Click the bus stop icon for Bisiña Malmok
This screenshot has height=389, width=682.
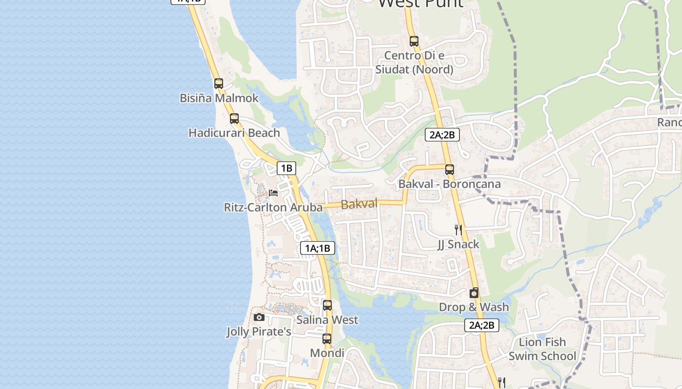[x=219, y=83]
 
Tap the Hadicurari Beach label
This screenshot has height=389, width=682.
[x=234, y=133]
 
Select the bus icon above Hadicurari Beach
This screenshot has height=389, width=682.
[x=234, y=118]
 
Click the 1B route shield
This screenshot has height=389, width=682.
[x=286, y=168]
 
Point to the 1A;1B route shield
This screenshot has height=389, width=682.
[x=318, y=248]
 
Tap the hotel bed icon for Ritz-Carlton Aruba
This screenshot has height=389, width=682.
[x=273, y=193]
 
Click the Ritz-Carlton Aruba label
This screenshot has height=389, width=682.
[x=273, y=208]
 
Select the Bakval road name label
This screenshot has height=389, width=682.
[x=360, y=204]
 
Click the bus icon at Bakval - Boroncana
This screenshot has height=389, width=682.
[x=450, y=170]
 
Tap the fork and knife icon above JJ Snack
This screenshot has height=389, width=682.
[x=458, y=230]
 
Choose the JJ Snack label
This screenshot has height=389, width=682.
[x=458, y=244]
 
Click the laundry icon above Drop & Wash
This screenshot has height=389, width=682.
[x=474, y=293]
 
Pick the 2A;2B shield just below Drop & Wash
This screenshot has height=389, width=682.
[x=482, y=325]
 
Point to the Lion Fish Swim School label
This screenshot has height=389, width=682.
[x=542, y=349]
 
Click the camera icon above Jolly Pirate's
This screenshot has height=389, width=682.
[x=259, y=318]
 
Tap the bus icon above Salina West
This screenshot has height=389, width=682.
[x=327, y=305]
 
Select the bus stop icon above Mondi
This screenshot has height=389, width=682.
[x=327, y=339]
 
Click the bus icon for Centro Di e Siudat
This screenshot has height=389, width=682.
[x=414, y=41]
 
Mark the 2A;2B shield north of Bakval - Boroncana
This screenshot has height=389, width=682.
[x=442, y=135]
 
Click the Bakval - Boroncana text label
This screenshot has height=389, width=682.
[x=450, y=184]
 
